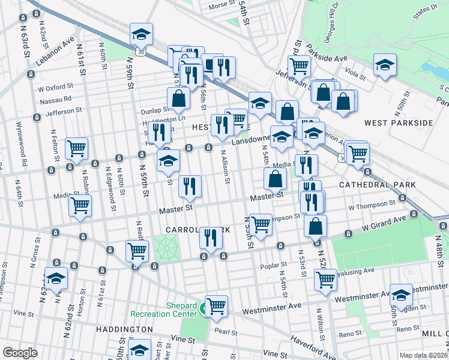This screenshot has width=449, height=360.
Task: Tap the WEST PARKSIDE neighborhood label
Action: click(x=399, y=123)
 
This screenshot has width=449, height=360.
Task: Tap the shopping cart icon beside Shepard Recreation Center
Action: click(x=216, y=306)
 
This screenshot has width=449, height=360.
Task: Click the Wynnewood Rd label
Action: click(x=26, y=153)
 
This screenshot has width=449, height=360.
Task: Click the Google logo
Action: click(x=20, y=353)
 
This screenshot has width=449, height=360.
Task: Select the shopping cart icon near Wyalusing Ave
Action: click(x=325, y=278)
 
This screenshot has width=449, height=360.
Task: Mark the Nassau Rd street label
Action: click(x=55, y=99)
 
